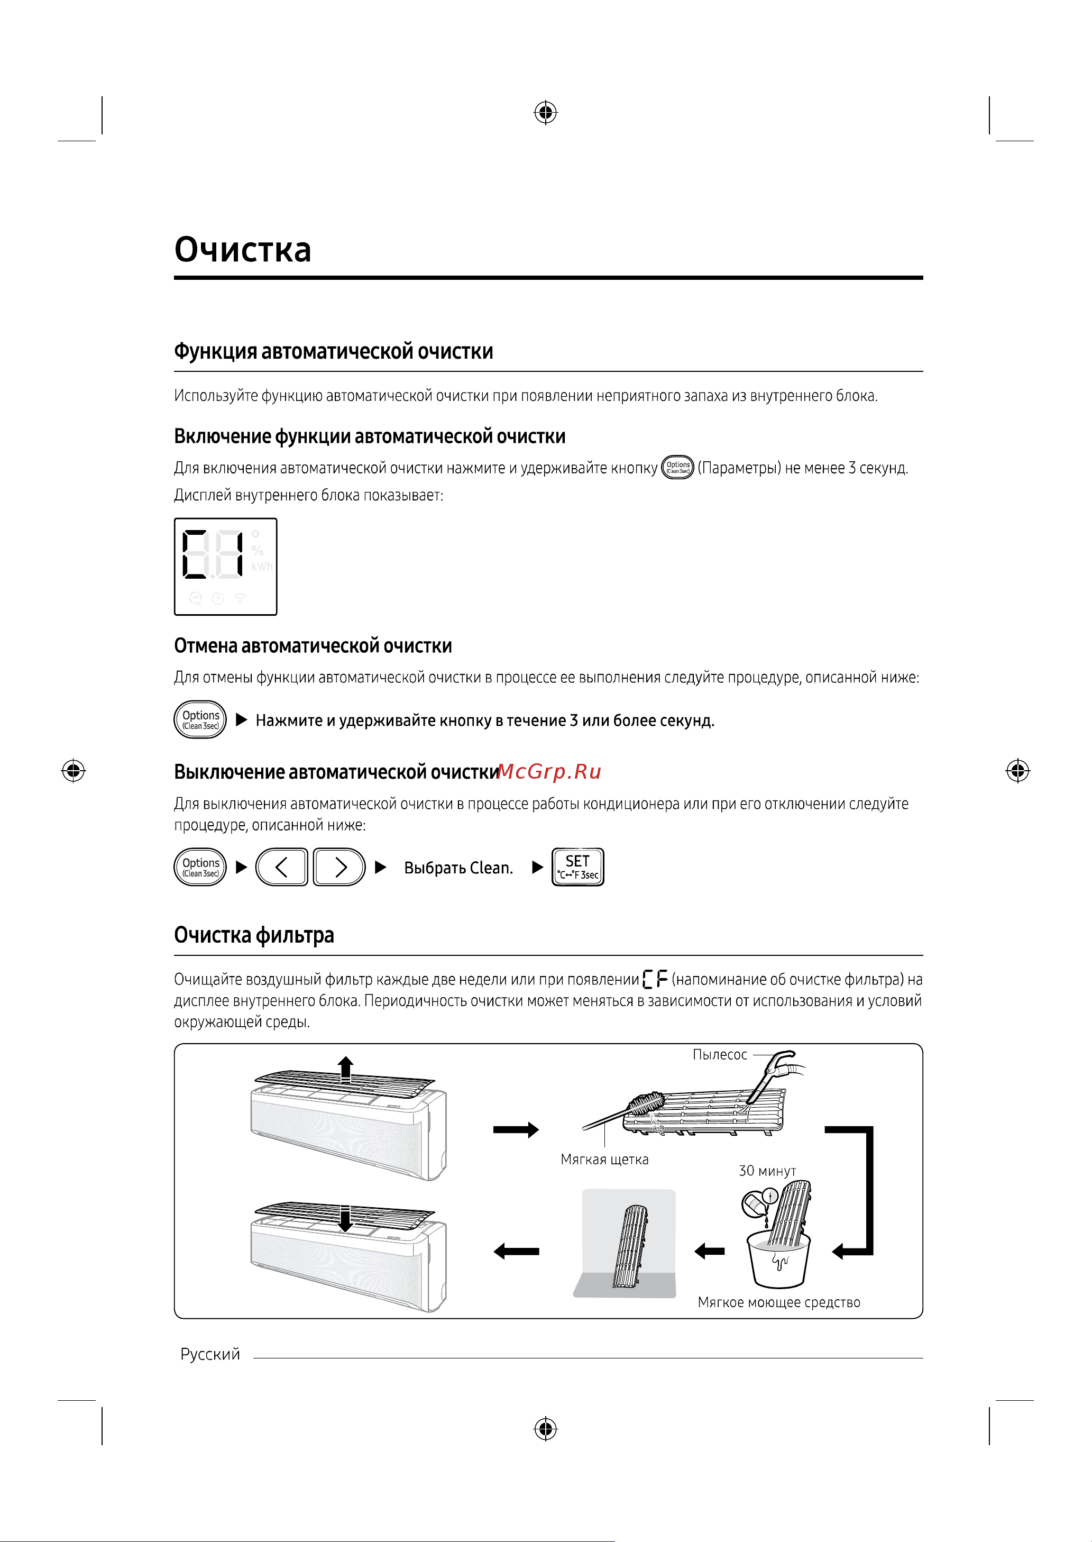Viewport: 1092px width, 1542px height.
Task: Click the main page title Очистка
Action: (x=242, y=250)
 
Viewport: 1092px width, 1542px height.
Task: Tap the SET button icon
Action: (x=577, y=867)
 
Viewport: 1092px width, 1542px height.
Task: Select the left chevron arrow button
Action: (x=282, y=868)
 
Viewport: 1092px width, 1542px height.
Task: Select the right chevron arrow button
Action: (x=339, y=868)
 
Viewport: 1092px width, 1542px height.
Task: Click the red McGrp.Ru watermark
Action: (x=549, y=771)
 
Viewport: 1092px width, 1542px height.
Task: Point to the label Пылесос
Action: (x=720, y=1054)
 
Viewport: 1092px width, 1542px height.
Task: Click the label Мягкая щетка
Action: (x=604, y=1160)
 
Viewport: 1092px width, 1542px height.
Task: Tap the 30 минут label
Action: (x=767, y=1171)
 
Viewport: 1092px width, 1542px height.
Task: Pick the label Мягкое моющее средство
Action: (x=778, y=1302)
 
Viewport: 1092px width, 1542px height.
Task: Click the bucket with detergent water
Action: (x=778, y=1262)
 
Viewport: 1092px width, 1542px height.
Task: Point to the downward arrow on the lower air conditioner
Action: (x=346, y=1218)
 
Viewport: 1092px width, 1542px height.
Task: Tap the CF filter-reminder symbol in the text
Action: (x=655, y=979)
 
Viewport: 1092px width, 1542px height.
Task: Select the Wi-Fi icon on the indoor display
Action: (x=240, y=598)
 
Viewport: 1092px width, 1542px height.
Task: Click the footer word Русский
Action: (x=210, y=1354)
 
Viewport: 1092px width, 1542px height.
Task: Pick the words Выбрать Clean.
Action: (x=458, y=868)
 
